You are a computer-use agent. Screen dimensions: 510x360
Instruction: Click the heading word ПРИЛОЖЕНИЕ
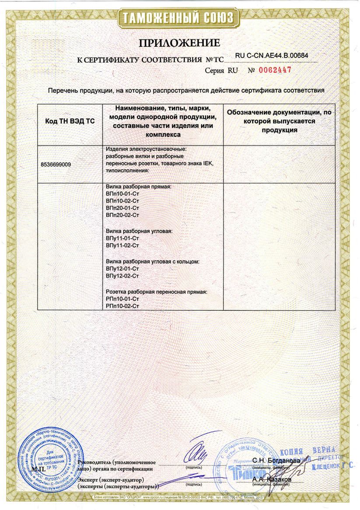coord(179,43)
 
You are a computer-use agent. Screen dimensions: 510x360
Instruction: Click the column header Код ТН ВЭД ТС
coord(70,121)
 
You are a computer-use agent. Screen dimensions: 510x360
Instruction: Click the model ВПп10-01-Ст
coord(122,194)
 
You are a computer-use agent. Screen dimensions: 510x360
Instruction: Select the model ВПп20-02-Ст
coord(122,215)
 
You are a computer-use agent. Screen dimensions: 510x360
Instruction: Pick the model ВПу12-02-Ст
coord(122,276)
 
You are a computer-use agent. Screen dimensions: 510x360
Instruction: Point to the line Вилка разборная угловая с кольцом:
coord(153,261)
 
